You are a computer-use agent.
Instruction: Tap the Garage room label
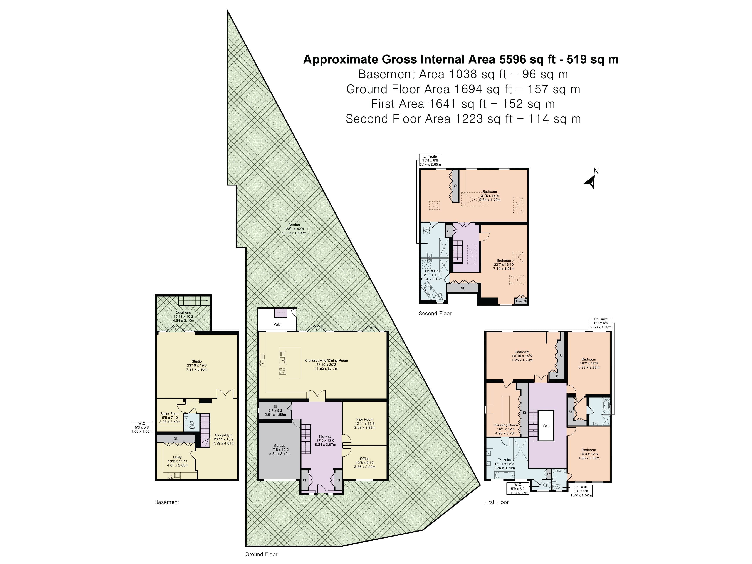[x=280, y=446]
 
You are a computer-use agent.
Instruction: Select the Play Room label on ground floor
[x=364, y=420]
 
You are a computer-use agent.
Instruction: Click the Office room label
[x=364, y=459]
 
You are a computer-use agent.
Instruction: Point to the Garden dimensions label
[x=294, y=229]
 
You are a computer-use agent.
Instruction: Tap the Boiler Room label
[x=170, y=414]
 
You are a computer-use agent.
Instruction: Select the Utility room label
[x=177, y=457]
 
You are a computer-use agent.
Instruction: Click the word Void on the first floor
[x=546, y=426]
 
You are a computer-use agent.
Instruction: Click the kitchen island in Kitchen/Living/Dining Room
[x=290, y=363]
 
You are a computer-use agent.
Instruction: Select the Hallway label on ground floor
[x=325, y=436]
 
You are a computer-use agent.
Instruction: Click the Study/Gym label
[x=223, y=435]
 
